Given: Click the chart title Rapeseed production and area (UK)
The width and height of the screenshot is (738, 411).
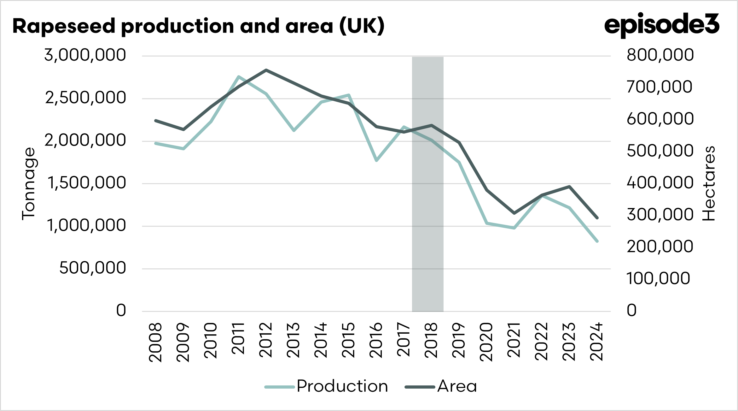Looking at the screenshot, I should pos(199,26).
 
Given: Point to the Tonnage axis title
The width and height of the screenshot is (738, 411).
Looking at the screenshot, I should pos(29,184).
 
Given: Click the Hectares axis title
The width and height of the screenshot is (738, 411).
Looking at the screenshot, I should pos(709,184).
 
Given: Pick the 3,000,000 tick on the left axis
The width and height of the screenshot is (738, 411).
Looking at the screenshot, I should pos(85,55).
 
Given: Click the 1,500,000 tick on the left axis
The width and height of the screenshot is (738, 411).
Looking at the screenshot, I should pos(86,183).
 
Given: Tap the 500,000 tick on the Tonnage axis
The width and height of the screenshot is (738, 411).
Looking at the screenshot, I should pos(92,268).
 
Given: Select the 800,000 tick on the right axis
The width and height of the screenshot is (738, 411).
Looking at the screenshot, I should pos(660,55).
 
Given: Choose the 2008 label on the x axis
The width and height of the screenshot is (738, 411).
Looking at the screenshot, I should pos(156,342).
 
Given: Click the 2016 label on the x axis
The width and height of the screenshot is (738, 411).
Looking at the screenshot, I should pos(376,340).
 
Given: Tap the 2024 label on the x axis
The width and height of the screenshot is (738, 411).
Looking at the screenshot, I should pos(597,342).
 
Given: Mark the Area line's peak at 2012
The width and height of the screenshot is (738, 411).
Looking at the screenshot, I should pos(266,70).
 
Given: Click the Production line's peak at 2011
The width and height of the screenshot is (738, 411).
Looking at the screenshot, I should pos(239,77).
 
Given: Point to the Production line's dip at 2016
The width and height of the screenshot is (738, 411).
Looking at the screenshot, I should pos(376,161).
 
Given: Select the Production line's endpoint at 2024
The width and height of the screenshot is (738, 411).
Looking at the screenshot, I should pos(597,241).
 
